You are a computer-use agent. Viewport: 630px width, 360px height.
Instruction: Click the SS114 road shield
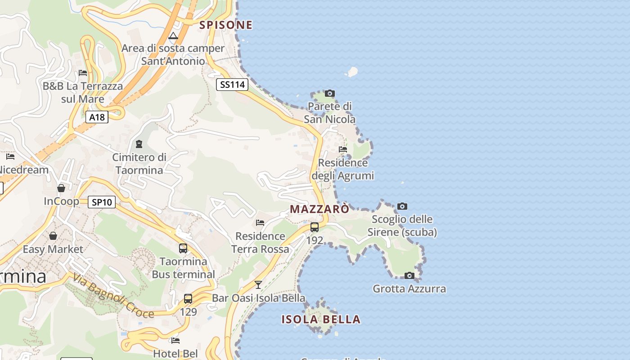tap(232, 84)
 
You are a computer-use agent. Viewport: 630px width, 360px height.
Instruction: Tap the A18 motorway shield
tap(97, 117)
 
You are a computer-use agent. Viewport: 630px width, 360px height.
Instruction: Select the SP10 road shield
tap(101, 202)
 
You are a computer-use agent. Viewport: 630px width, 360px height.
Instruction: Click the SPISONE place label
tap(226, 25)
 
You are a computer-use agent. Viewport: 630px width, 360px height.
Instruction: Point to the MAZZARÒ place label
tap(319, 209)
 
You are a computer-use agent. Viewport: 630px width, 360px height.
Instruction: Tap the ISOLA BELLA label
tap(321, 319)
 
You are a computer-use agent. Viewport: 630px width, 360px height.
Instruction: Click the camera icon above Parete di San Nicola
tap(330, 94)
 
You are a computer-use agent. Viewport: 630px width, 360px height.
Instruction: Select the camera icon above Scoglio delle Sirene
tap(402, 207)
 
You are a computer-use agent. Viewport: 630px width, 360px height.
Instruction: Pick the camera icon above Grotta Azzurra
tap(409, 276)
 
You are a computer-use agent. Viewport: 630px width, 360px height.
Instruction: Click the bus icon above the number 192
tap(315, 227)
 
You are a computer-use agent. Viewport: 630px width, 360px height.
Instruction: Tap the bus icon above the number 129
tap(188, 298)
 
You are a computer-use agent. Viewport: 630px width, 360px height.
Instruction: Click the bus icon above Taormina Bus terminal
tap(183, 248)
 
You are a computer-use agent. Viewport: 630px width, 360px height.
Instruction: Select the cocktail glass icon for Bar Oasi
tap(258, 284)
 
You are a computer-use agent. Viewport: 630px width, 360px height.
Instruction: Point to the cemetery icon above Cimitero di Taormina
tap(139, 144)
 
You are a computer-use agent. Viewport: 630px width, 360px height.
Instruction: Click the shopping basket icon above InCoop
tap(61, 188)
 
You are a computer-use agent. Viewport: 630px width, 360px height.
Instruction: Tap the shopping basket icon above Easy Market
tap(53, 236)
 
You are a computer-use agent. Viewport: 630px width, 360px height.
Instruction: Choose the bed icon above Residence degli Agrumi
tap(343, 149)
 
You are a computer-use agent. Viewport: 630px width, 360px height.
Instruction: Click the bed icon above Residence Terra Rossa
tap(260, 222)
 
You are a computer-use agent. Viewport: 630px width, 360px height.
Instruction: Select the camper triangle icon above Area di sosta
tap(173, 36)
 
